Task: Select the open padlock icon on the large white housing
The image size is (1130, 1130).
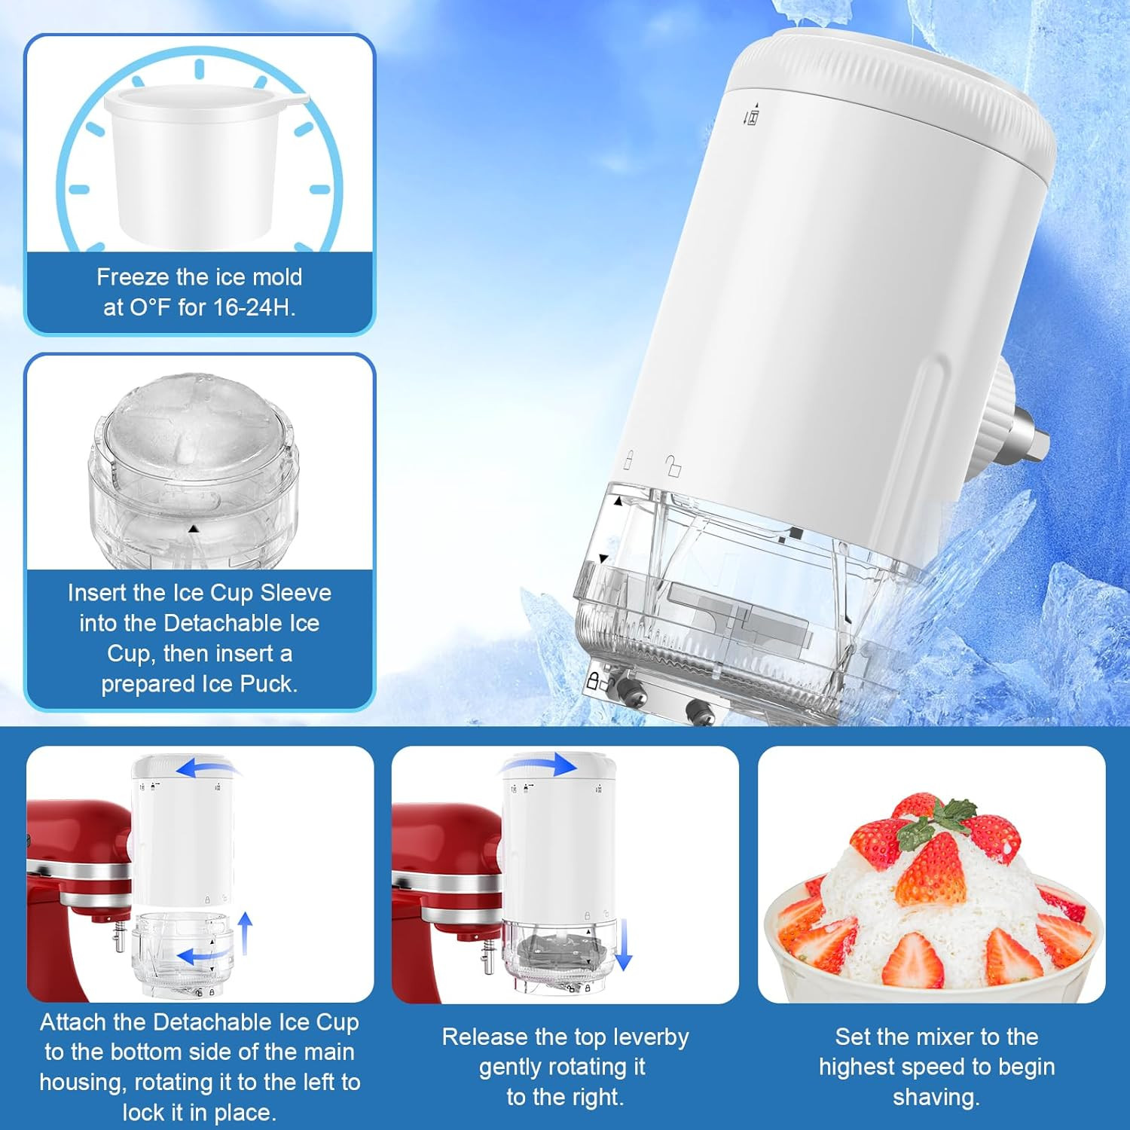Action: coord(673,466)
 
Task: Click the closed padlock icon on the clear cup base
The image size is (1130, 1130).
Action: coord(594,682)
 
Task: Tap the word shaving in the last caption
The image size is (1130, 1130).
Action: coord(936,1098)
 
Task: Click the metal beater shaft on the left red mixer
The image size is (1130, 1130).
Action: coord(118,938)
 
